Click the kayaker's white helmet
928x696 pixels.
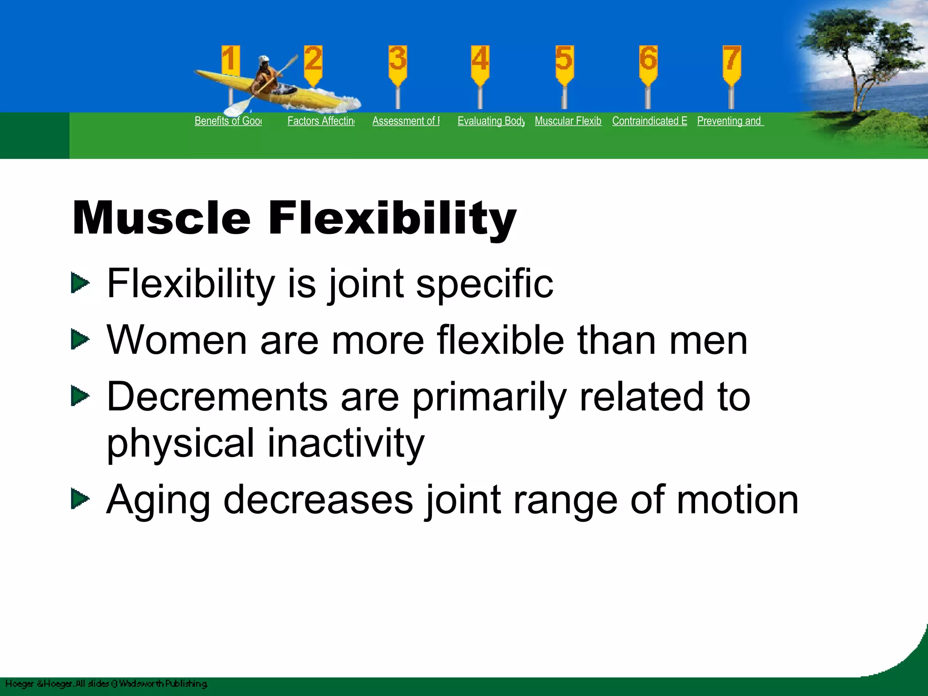[x=264, y=60]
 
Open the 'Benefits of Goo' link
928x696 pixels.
[x=228, y=121]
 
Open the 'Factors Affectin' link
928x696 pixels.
[x=321, y=121]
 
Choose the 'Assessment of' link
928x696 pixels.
[x=406, y=121]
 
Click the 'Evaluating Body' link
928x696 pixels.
[x=491, y=121]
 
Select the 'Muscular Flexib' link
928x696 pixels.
[x=568, y=121]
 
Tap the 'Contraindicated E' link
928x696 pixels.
[x=650, y=121]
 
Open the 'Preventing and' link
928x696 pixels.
[x=730, y=121]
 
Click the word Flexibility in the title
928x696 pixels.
[x=392, y=218]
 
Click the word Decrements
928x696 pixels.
[x=217, y=396]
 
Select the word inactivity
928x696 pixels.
[x=346, y=443]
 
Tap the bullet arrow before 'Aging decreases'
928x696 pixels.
[x=80, y=499]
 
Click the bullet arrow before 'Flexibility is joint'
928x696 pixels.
[x=80, y=283]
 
